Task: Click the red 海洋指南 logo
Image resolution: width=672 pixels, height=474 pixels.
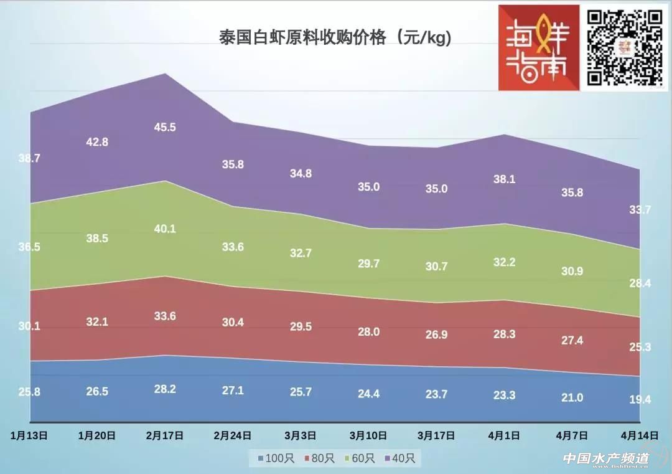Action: tap(539, 49)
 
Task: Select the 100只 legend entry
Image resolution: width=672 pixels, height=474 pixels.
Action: tap(272, 459)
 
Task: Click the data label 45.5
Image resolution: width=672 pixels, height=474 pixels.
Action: tap(165, 127)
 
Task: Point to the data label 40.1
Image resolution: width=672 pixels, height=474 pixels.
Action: tap(165, 229)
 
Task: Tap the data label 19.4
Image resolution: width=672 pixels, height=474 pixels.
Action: tap(640, 399)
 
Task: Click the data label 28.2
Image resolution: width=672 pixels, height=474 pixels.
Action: tap(165, 389)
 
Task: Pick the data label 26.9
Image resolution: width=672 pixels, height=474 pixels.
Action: tap(436, 335)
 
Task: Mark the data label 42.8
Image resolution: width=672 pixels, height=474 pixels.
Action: tap(97, 142)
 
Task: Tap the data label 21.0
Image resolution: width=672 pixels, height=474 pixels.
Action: tap(572, 397)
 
